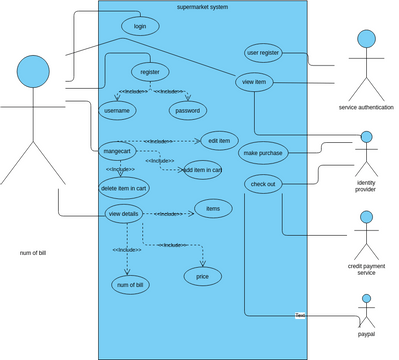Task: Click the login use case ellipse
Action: (x=139, y=26)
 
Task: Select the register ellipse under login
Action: (x=150, y=72)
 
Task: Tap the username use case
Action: (x=118, y=110)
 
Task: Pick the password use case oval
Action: (x=188, y=110)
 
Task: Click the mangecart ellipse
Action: (x=118, y=151)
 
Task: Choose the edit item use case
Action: (x=218, y=140)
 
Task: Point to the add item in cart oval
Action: (x=202, y=170)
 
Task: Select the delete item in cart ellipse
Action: (x=124, y=187)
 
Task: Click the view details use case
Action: (x=123, y=214)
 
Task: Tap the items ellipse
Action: (x=213, y=208)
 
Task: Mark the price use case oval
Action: (x=202, y=275)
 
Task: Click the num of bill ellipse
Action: (x=130, y=286)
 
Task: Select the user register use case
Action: (x=263, y=52)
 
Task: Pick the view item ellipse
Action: (x=255, y=82)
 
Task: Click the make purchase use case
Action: (x=262, y=152)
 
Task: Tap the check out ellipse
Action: (x=263, y=184)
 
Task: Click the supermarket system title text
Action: (x=201, y=7)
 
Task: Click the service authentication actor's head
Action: (x=366, y=40)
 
